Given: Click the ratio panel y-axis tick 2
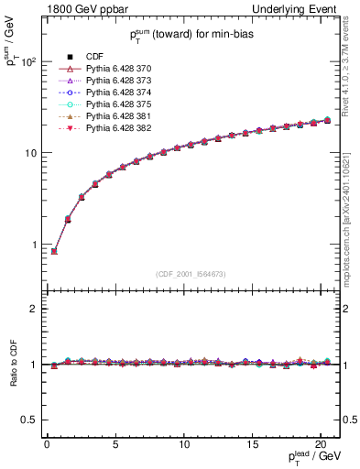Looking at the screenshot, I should (x=35, y=309).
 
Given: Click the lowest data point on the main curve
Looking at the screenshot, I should (x=54, y=251).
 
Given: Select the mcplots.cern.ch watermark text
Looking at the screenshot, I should (x=349, y=220).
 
